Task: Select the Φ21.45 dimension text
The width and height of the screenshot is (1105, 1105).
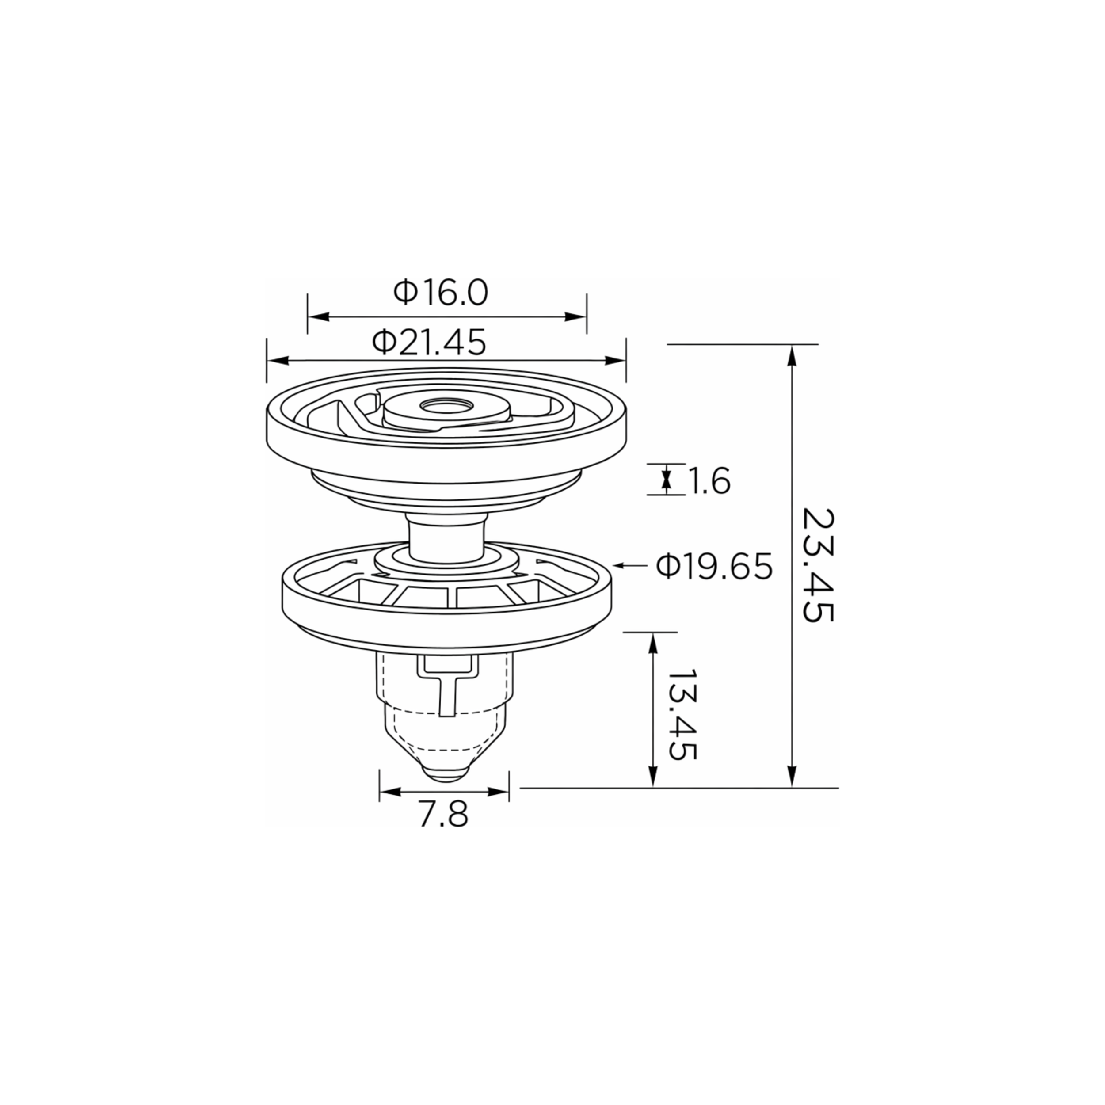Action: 429,342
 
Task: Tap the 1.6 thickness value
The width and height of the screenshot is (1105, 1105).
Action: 708,480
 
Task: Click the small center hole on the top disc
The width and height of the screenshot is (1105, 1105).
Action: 446,405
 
